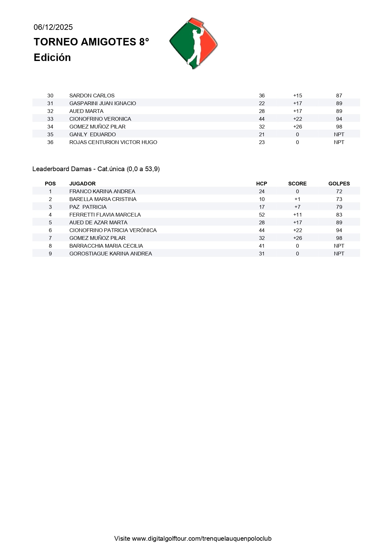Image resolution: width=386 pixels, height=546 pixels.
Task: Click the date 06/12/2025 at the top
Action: [x=53, y=27]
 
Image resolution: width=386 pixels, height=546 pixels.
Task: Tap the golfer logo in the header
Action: [x=193, y=43]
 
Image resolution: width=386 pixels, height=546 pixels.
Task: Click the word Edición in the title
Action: [x=52, y=58]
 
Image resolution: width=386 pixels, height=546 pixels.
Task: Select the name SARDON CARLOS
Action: [x=92, y=96]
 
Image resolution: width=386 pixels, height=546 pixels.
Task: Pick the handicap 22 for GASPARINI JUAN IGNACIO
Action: [x=261, y=103]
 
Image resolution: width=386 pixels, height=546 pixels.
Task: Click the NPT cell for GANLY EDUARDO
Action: [x=339, y=134]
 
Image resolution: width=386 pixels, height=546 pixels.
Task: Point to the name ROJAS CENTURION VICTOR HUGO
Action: [x=113, y=142]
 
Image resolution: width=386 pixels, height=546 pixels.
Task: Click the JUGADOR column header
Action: [x=82, y=184]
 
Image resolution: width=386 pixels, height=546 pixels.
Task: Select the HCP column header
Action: [x=261, y=184]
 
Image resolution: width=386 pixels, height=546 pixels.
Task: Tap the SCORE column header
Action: [x=297, y=184]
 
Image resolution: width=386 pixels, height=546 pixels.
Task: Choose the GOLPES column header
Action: [x=339, y=184]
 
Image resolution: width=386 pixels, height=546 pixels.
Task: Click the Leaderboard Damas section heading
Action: [x=96, y=169]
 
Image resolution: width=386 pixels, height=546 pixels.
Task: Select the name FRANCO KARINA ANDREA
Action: [x=102, y=191]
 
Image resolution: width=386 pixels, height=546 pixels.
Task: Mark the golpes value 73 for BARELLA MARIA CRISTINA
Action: [x=339, y=199]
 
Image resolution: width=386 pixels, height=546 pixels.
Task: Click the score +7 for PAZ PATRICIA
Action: [x=297, y=207]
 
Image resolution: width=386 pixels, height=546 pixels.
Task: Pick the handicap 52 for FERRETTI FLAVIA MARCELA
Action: [x=261, y=215]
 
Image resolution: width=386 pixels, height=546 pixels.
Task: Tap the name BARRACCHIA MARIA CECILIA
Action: [x=106, y=246]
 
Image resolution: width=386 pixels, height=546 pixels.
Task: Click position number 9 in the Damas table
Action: [x=50, y=254]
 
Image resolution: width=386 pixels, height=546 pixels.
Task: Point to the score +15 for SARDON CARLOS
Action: [x=297, y=96]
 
